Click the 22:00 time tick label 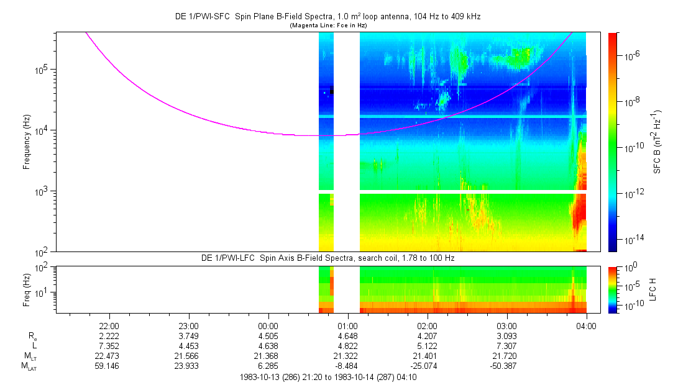click(109, 325)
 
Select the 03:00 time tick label click(507, 325)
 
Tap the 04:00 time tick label click(586, 325)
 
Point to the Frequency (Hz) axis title click(27, 142)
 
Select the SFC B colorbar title click(657, 142)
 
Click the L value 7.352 click(109, 345)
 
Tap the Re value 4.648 click(348, 335)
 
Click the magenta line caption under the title click(327, 25)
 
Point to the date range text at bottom click(327, 376)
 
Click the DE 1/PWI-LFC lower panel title click(327, 257)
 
